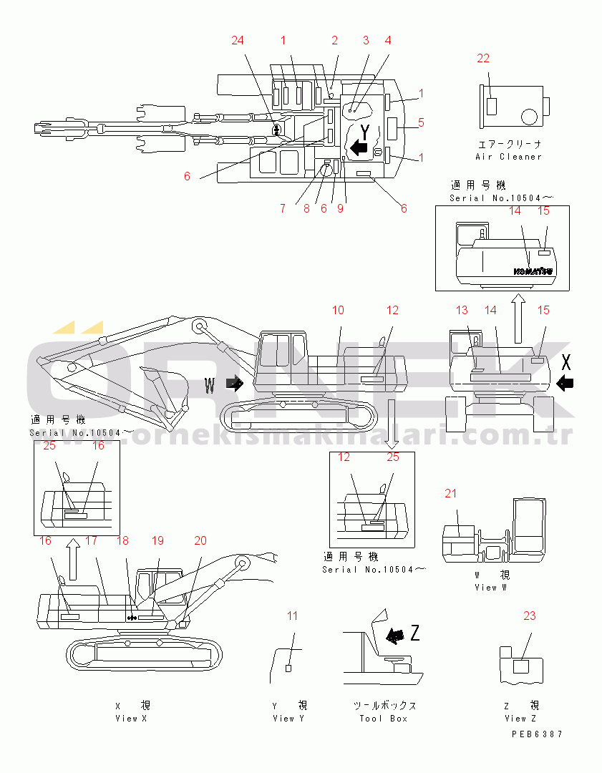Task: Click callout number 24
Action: click(x=238, y=40)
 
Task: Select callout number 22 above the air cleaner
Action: click(x=484, y=58)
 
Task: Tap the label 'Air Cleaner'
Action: click(x=508, y=157)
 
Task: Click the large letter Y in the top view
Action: click(x=365, y=132)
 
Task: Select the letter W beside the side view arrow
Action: click(x=210, y=386)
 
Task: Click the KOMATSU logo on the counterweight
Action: click(x=533, y=271)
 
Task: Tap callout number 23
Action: click(x=529, y=616)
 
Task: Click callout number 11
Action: click(x=292, y=616)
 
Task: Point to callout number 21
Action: click(x=450, y=493)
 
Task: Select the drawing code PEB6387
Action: click(x=537, y=734)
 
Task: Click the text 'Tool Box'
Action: click(x=384, y=719)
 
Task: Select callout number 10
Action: click(x=339, y=310)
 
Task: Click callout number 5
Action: click(x=421, y=122)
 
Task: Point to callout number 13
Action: click(x=462, y=310)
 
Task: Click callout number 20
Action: click(x=200, y=540)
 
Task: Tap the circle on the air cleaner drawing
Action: click(x=530, y=116)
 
